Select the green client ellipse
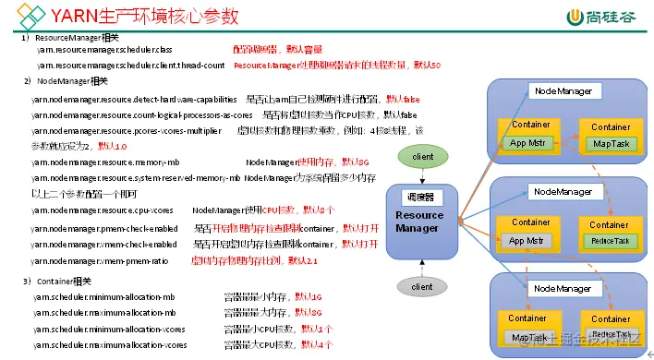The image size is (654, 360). tap(422, 157)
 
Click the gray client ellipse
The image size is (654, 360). tap(422, 287)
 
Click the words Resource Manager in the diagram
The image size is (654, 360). tap(419, 222)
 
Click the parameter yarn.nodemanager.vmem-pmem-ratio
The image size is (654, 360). tap(101, 261)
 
